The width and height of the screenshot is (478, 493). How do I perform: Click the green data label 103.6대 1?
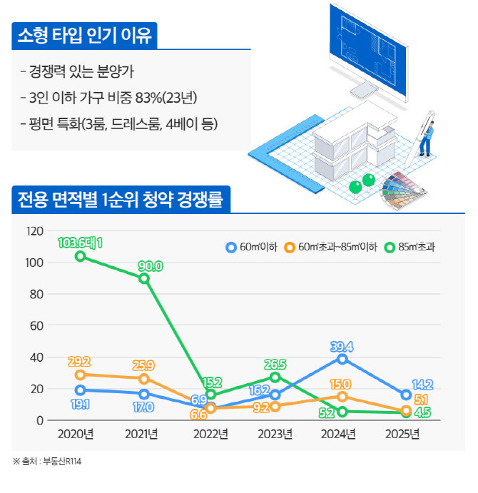tap(81, 243)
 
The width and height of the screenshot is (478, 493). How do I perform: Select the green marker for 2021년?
tap(144, 278)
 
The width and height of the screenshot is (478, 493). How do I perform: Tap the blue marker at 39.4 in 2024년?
tap(342, 359)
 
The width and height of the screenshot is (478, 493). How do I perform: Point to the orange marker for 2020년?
tap(81, 375)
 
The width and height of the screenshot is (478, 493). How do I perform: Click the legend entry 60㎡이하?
tap(246, 247)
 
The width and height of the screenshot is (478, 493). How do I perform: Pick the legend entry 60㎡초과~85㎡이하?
tap(327, 247)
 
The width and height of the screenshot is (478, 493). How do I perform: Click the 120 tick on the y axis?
tap(34, 231)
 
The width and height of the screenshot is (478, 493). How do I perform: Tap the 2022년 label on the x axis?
tap(210, 434)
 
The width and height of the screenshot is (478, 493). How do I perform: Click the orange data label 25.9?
tap(144, 366)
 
